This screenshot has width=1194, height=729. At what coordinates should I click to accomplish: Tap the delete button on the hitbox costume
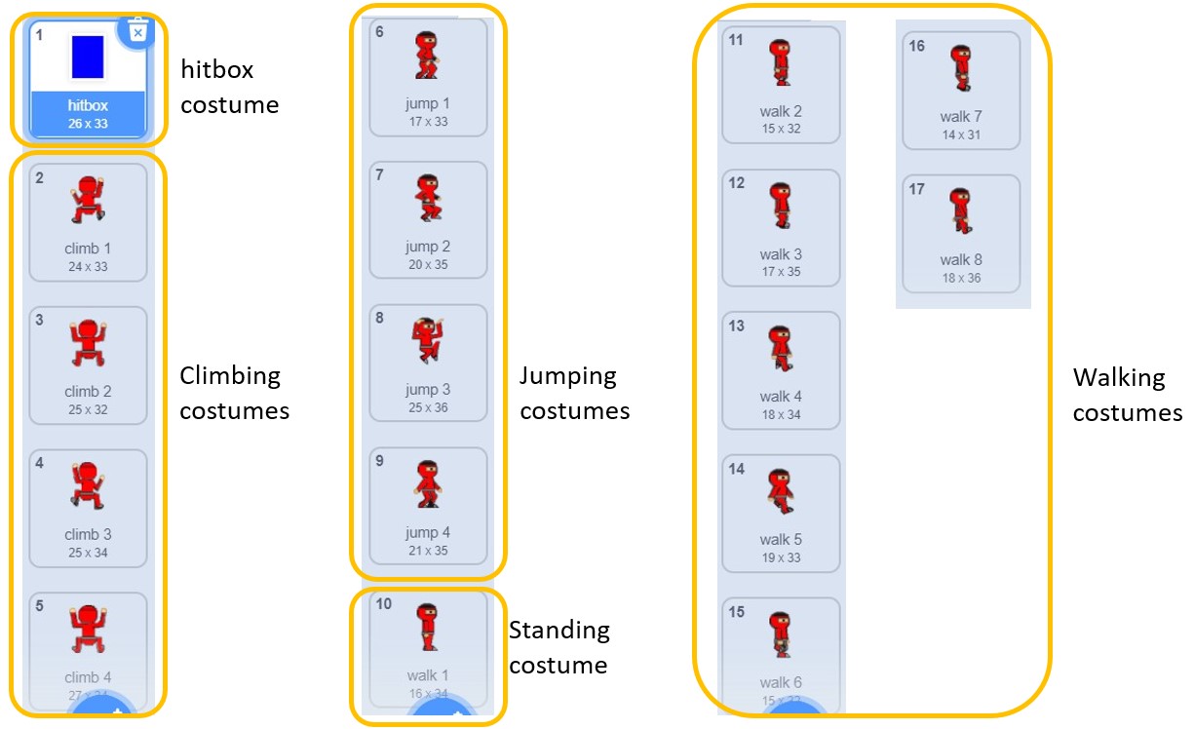tap(137, 31)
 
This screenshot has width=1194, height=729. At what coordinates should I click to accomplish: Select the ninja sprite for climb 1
tap(88, 202)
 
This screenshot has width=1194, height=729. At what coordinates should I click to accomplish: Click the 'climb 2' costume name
tap(88, 392)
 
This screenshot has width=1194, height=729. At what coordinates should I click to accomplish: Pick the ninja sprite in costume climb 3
tap(88, 485)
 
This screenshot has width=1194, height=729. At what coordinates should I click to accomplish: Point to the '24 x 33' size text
tap(88, 266)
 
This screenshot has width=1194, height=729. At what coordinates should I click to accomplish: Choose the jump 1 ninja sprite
tap(427, 55)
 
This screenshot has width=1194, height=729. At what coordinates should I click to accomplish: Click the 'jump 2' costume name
tap(428, 247)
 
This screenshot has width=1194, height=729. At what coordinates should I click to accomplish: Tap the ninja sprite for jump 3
tap(428, 341)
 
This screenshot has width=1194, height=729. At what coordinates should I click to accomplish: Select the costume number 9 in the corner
tap(380, 461)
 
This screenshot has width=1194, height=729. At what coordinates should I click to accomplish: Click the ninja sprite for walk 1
tap(427, 628)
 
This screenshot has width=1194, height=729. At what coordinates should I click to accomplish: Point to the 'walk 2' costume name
tap(781, 111)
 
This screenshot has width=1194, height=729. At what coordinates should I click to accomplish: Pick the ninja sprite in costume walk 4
tap(781, 349)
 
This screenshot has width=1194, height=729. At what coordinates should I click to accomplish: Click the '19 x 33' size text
tap(780, 557)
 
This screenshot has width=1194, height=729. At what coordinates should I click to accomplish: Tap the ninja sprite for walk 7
tap(961, 67)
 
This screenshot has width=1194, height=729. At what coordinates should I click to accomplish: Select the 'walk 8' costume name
tap(961, 259)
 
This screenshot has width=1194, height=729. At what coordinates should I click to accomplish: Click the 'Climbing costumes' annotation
tap(234, 393)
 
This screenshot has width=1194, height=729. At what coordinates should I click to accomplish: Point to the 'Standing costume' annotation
tap(558, 647)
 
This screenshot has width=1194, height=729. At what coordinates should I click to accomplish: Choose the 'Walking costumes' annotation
tap(1127, 395)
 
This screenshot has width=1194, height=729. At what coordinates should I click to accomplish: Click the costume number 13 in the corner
tap(737, 326)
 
